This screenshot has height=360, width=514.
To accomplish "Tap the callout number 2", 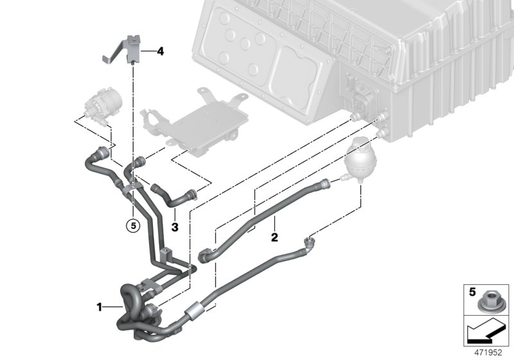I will (x=274, y=237).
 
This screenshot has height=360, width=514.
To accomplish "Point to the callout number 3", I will (x=174, y=226).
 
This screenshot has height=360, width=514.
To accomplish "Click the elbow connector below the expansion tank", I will (x=310, y=242).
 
